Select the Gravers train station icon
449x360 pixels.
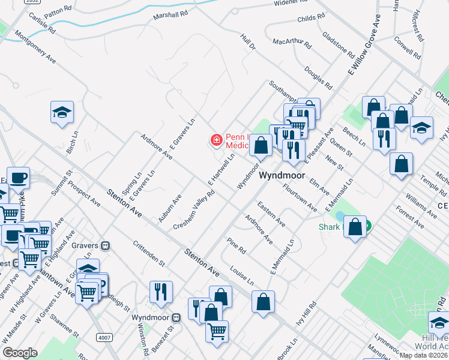[x=106, y=245]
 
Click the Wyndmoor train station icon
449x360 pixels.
[x=176, y=317]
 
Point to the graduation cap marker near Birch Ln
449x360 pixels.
[x=62, y=113]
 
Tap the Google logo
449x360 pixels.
[x=20, y=353]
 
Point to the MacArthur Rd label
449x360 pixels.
[x=292, y=44]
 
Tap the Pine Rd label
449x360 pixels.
[x=237, y=245]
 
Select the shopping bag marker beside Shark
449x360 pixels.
[x=355, y=227]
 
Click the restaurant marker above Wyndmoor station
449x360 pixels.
[x=161, y=292]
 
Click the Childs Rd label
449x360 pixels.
[x=311, y=19]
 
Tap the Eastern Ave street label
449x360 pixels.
[x=271, y=214]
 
